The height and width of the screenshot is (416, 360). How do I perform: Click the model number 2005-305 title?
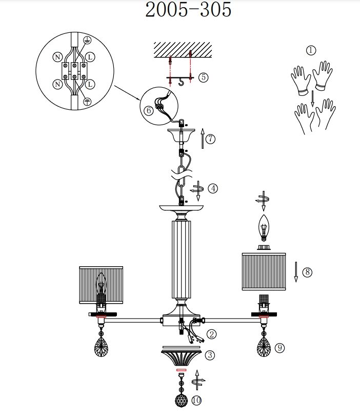[x=188, y=10]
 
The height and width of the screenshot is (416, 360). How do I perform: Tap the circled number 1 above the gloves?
[x=311, y=50]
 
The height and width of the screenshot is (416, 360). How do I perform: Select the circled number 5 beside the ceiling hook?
[x=204, y=77]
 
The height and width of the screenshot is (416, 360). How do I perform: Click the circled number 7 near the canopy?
[x=210, y=139]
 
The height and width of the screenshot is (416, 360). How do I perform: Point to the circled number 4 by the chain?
[x=213, y=189]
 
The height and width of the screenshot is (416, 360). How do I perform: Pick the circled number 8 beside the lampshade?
[x=308, y=272]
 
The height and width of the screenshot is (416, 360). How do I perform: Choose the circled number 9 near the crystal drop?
[x=279, y=348]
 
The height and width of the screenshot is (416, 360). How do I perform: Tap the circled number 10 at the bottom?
[x=196, y=400]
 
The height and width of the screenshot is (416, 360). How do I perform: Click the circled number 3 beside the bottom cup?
[x=210, y=355]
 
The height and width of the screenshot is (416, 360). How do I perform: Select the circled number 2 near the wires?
[x=211, y=334]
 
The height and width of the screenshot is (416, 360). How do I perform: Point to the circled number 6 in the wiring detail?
[x=149, y=110]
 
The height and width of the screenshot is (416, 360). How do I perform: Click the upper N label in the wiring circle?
[x=57, y=57]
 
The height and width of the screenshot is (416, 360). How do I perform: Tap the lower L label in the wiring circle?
[x=90, y=84]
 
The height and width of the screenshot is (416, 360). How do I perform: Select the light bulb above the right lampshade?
[x=264, y=228]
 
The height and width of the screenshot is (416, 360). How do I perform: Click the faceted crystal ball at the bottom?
[x=182, y=400]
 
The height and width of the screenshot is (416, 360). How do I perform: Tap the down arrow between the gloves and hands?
[x=312, y=98]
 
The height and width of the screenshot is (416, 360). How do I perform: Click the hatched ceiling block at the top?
[x=183, y=50]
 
